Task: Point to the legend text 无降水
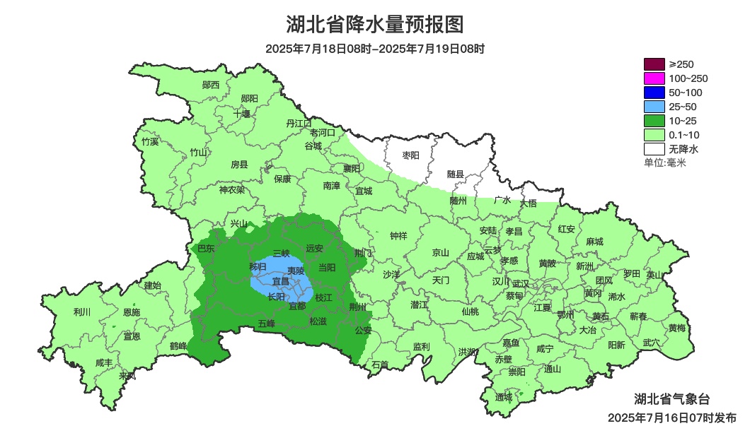coord(683,149)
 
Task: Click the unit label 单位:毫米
coord(664,162)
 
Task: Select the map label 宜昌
coord(281,281)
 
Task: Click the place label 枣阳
coord(410,155)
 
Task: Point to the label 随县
coord(455,174)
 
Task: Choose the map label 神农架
coord(231,189)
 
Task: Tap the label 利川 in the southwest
coord(82,312)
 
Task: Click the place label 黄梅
coord(677,328)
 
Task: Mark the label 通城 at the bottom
coord(503,397)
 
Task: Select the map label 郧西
coord(211,85)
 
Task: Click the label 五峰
coord(266,324)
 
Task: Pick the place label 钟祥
coord(398,236)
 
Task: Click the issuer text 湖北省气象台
coord(666,397)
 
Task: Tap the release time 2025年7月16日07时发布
coord(671,418)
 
